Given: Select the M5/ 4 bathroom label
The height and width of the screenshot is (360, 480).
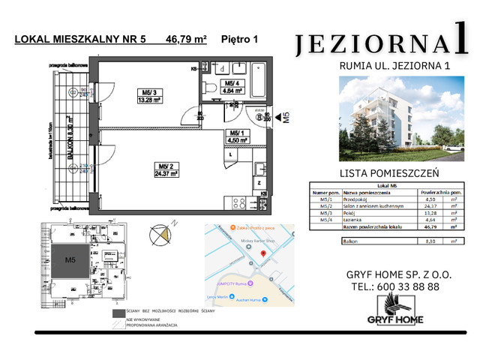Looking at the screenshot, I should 232,83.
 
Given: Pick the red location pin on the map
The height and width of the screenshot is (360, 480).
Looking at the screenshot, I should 261,254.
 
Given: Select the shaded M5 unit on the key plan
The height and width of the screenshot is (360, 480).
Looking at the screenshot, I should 72,260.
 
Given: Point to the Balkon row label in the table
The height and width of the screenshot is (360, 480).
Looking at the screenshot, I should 349,242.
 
